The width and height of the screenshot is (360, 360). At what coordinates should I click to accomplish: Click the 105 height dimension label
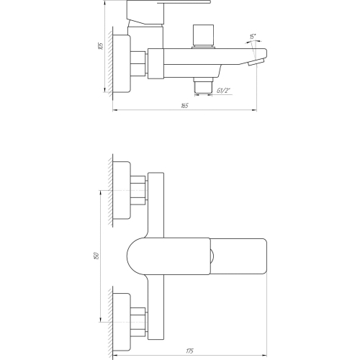pyautogui.click(x=101, y=46)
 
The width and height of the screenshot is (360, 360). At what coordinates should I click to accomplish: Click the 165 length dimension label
pyautogui.click(x=184, y=106)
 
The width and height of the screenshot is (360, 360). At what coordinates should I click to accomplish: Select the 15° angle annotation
pyautogui.click(x=253, y=37)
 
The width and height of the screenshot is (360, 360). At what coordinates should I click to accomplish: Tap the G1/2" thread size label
pyautogui.click(x=223, y=91)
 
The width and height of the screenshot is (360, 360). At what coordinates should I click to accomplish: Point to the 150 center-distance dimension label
pyautogui.click(x=96, y=256)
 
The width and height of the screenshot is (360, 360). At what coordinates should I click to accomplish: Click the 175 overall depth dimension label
pyautogui.click(x=189, y=351)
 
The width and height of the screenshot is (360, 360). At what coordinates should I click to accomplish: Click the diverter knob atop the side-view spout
pyautogui.click(x=203, y=36)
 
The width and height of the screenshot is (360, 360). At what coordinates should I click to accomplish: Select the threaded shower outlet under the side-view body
pyautogui.click(x=204, y=86)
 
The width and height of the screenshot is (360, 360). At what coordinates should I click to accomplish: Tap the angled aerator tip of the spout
pyautogui.click(x=256, y=62)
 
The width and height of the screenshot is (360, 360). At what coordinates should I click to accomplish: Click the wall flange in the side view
pyautogui.click(x=122, y=63)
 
